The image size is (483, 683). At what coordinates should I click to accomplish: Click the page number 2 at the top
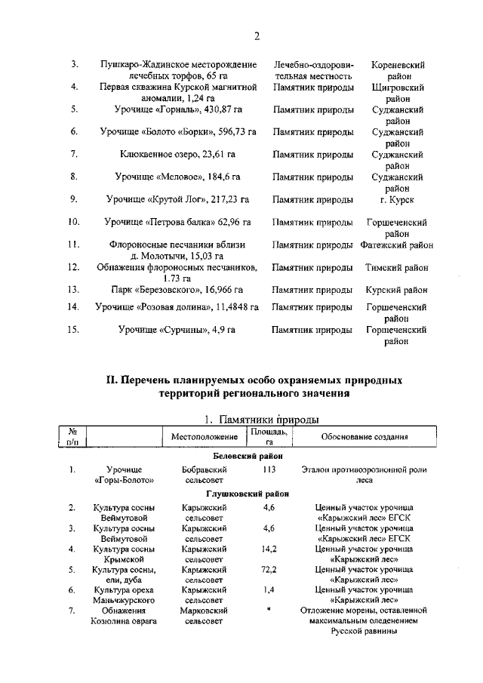257,35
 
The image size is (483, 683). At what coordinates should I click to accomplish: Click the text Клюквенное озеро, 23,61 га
177,154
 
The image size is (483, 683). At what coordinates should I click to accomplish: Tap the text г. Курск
397,199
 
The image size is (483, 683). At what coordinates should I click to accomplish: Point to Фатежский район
397,245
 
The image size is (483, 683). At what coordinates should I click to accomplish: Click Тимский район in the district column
397,267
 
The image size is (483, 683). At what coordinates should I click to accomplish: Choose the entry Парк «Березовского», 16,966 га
177,289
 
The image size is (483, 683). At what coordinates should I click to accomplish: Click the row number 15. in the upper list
74,329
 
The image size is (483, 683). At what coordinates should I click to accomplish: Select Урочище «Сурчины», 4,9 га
177,329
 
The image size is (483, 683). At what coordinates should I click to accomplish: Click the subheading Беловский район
249,456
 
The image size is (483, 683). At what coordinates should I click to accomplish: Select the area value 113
269,469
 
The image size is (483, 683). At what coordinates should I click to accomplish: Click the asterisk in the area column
269,608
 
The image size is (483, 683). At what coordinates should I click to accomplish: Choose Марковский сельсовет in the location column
204,614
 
